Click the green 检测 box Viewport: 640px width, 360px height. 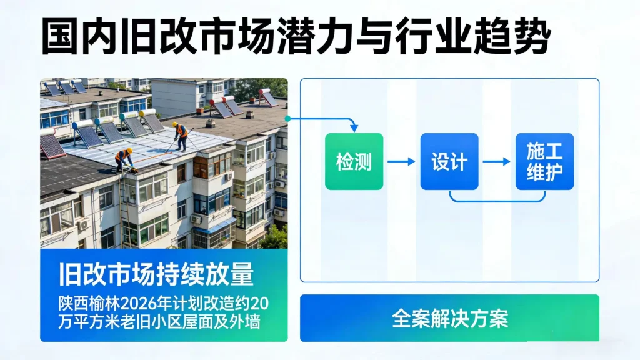pyautogui.click(x=354, y=161)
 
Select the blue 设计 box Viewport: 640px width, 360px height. pyautogui.click(x=449, y=161)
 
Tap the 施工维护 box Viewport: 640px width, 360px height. pyautogui.click(x=544, y=161)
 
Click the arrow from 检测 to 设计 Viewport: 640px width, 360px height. pyautogui.click(x=401, y=162)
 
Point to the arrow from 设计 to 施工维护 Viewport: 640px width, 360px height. pyautogui.click(x=496, y=162)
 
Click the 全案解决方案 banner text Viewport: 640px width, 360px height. pyautogui.click(x=450, y=318)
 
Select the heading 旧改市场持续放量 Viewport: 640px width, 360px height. pyautogui.click(x=156, y=274)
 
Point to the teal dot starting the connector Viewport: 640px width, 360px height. pyautogui.click(x=287, y=118)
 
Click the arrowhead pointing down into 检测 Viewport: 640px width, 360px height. pyautogui.click(x=354, y=128)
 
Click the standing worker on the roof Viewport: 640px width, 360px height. pyautogui.click(x=180, y=136)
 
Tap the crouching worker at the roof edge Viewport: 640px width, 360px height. pyautogui.click(x=124, y=159)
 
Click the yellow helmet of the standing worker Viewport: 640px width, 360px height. pyautogui.click(x=175, y=124)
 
